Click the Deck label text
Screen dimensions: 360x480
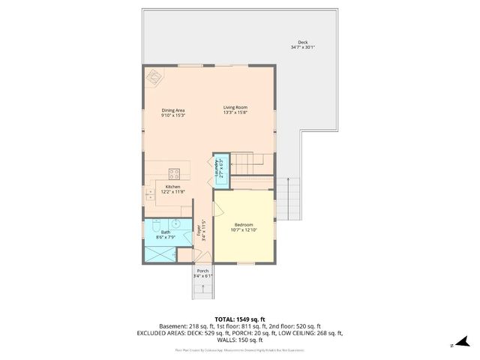point(302,43)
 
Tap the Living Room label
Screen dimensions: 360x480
point(235,108)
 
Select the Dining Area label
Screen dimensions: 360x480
point(173,111)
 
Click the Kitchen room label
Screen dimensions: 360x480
point(173,187)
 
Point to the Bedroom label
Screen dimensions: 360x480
point(243,225)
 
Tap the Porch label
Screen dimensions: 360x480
point(202,271)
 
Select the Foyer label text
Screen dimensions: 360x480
point(199,231)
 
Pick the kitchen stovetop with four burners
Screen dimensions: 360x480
point(174,171)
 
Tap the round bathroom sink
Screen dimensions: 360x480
point(175,223)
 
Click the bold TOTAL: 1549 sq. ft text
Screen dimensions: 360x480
point(240,319)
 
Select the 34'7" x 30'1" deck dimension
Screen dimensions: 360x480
point(302,48)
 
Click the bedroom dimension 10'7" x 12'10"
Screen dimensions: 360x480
point(243,230)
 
